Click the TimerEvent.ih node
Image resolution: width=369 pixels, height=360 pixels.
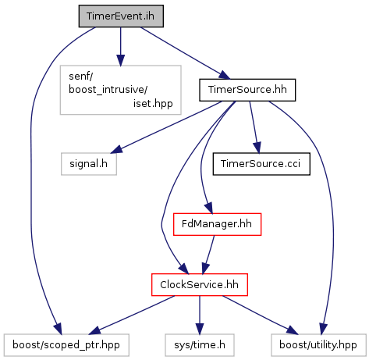[x=121, y=16]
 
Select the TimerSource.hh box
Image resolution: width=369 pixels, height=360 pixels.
[x=247, y=90]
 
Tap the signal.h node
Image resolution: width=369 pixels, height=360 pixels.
[x=89, y=164]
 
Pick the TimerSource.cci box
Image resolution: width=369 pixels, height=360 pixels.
[x=261, y=164]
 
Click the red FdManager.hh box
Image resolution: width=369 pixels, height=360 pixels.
[x=217, y=224]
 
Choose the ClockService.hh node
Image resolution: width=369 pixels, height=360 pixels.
[x=200, y=284]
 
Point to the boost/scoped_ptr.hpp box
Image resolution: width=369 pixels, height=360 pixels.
[x=66, y=345]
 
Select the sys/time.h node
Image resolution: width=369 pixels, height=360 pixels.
[x=200, y=345]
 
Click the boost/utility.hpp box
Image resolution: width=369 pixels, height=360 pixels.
[x=318, y=345]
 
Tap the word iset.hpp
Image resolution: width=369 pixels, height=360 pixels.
[x=153, y=104]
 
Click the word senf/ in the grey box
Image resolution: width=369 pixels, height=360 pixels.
[x=80, y=77]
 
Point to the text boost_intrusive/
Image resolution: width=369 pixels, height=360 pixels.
[x=108, y=90]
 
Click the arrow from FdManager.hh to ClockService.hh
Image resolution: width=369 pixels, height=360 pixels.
[x=208, y=255]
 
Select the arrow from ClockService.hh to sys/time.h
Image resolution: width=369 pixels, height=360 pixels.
[x=200, y=315]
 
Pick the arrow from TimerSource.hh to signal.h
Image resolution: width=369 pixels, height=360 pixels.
[x=166, y=127]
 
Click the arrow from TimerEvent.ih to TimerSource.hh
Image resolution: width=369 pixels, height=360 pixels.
[x=185, y=53]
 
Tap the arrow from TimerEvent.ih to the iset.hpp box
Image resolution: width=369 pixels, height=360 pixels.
[x=120, y=46]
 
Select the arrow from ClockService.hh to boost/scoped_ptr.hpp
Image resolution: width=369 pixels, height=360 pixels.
[x=132, y=315]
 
